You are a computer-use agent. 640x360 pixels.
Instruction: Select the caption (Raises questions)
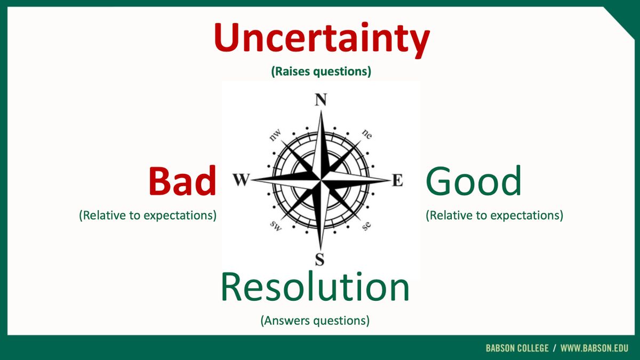(x=321, y=71)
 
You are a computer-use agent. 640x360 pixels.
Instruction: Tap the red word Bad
(x=182, y=181)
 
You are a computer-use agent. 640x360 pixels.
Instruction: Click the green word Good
(x=474, y=181)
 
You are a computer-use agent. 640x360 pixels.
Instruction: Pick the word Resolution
(x=315, y=287)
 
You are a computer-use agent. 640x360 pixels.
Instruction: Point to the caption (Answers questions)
(x=315, y=321)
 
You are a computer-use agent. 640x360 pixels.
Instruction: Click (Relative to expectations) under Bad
(x=148, y=215)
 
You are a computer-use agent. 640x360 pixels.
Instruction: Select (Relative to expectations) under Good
(x=494, y=215)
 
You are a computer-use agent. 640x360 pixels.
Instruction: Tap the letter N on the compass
(x=321, y=100)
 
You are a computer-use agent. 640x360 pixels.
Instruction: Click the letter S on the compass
(x=319, y=259)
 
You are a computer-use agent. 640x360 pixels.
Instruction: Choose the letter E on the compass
(x=397, y=180)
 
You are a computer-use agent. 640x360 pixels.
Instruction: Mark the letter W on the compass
(x=242, y=180)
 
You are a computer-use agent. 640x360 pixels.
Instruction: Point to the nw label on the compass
(x=275, y=135)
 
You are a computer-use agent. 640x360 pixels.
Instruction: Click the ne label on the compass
(x=367, y=134)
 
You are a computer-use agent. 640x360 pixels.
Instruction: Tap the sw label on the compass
(x=276, y=226)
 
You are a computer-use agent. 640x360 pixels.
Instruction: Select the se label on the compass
(x=366, y=226)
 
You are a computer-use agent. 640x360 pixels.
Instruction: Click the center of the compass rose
(x=321, y=180)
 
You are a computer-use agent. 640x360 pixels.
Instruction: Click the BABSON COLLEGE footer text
(x=517, y=348)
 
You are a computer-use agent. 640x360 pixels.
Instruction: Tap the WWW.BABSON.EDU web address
(x=594, y=348)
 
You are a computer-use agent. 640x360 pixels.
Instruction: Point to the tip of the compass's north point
(x=321, y=110)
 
